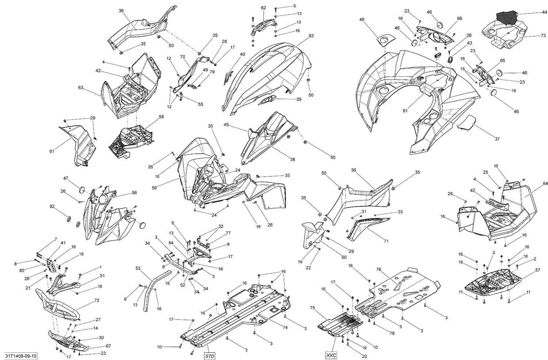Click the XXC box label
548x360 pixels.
click(330, 355)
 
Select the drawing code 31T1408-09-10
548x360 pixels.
click(21, 355)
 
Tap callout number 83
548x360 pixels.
click(311, 36)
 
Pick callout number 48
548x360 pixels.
click(362, 19)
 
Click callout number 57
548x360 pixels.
click(538, 270)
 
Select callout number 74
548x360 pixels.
click(285, 328)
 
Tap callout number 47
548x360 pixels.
click(65, 178)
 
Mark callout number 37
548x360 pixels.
click(497, 139)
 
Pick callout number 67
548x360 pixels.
click(109, 346)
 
